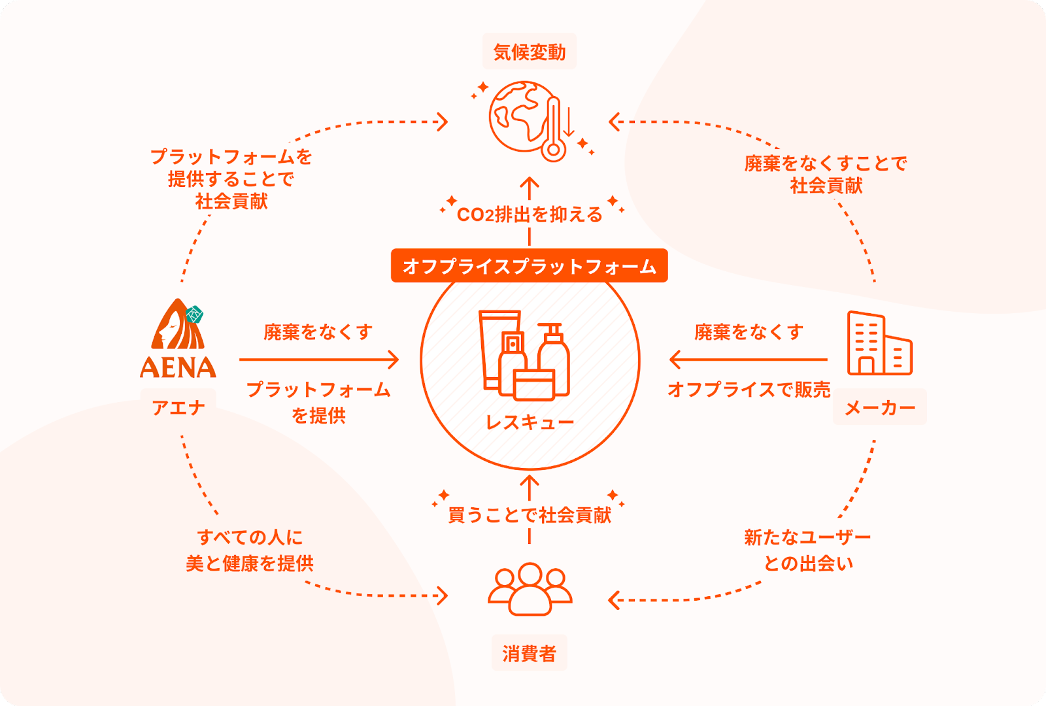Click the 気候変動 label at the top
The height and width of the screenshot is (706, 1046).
coord(530,52)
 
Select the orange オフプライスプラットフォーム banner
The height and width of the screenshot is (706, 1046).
coord(529,266)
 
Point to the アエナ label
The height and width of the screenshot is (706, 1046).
coord(178,408)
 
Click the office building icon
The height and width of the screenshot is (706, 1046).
coord(879,344)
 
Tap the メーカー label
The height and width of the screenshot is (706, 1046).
coord(879,408)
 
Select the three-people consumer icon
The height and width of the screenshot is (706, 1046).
coord(530,589)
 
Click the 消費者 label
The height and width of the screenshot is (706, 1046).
coord(530,653)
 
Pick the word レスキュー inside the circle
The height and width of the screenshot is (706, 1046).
coord(530,422)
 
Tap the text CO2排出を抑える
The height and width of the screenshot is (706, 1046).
coord(530,214)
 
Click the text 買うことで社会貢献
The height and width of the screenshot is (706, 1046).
coord(530,515)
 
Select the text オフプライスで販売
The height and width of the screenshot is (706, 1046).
coord(749,390)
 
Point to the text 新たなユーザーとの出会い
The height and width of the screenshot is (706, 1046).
coord(808,550)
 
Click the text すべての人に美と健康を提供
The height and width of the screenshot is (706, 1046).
coord(250,550)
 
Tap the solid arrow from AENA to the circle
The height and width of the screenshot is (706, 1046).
coord(318,360)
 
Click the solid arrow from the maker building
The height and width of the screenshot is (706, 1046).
coord(749,360)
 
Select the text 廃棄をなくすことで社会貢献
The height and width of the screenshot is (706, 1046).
coord(826,175)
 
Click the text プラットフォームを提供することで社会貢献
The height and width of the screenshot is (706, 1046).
coord(231,179)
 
